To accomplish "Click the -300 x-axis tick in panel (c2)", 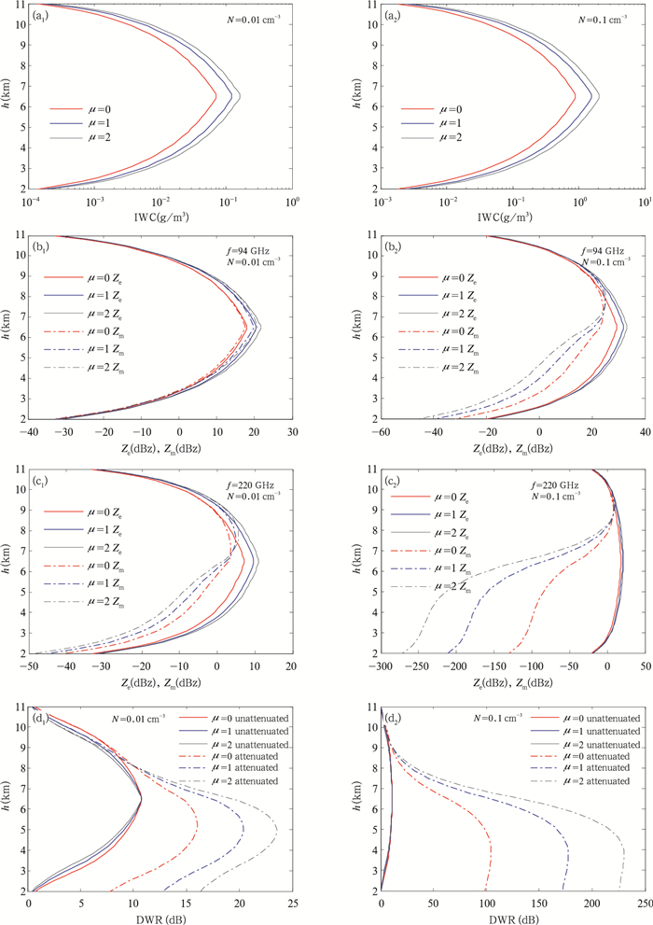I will pos(381,668).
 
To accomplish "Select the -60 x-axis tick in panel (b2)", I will pos(381,434).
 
